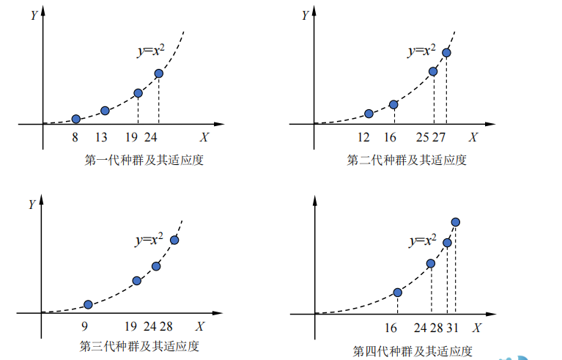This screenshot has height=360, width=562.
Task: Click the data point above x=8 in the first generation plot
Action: (75, 119)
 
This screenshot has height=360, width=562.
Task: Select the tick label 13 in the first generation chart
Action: (101, 137)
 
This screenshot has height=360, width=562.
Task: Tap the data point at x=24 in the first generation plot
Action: (158, 74)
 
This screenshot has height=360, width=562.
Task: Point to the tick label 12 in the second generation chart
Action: (363, 137)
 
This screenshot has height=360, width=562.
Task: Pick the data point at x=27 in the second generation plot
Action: (446, 53)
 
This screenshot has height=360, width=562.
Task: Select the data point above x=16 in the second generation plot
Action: (393, 105)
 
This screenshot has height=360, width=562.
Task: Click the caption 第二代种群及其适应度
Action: (407, 160)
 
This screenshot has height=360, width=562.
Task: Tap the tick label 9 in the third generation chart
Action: (85, 326)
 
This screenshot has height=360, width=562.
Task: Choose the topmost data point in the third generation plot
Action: (174, 240)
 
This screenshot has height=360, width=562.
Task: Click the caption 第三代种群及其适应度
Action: (139, 346)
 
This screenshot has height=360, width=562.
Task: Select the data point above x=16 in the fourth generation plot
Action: (398, 293)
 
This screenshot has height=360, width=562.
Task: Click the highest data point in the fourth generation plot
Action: (456, 222)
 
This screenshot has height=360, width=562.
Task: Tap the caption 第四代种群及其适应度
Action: (412, 350)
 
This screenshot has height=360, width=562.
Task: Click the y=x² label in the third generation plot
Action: (152, 239)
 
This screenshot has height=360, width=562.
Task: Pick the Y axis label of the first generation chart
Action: (32, 15)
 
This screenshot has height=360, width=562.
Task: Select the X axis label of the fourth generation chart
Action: (477, 326)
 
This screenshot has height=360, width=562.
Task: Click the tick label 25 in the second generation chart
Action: (423, 137)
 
